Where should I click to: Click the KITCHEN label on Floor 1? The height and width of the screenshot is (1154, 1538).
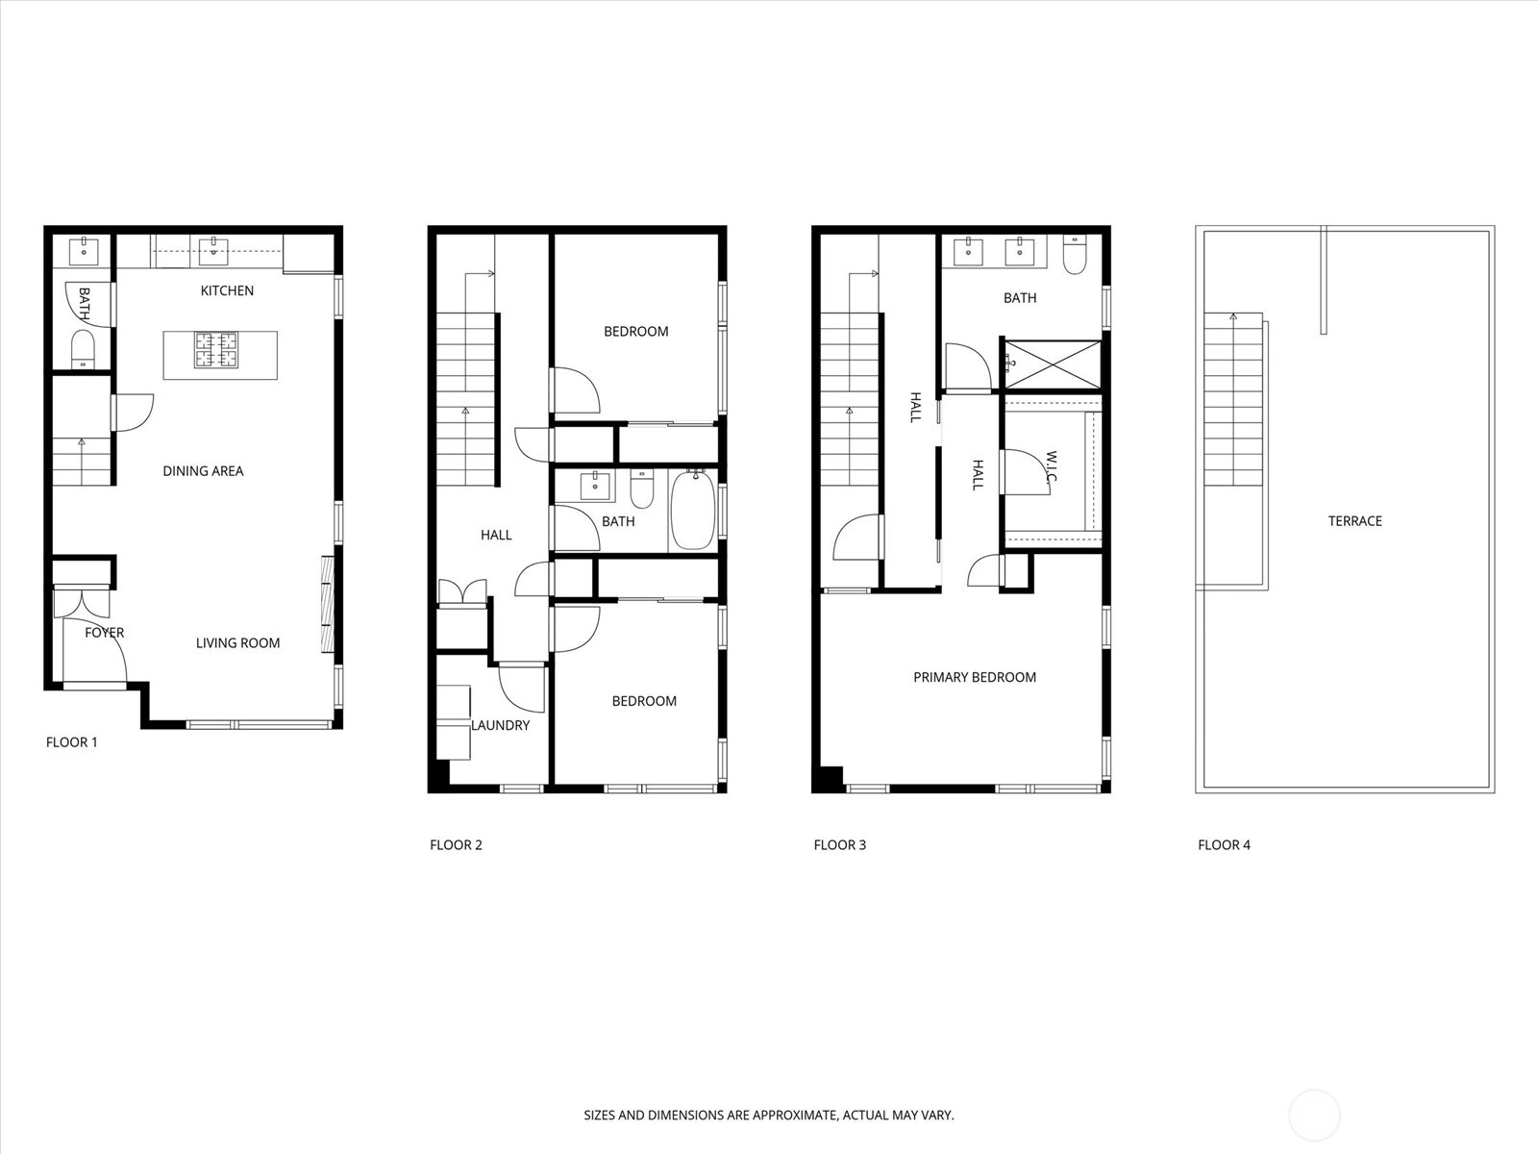click(227, 290)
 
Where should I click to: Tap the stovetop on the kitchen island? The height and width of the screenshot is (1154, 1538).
click(216, 350)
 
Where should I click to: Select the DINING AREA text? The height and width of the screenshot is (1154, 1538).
click(203, 471)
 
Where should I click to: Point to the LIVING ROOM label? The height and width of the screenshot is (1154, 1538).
click(237, 643)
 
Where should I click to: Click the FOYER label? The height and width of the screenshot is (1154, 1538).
click(105, 633)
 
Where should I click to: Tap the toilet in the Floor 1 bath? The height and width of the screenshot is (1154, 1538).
click(83, 349)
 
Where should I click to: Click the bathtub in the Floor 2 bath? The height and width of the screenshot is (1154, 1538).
click(693, 510)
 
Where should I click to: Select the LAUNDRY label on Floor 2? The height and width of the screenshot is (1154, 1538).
click(500, 726)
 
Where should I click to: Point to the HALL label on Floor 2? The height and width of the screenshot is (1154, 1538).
click(496, 536)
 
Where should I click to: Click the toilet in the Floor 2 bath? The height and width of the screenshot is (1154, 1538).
click(641, 488)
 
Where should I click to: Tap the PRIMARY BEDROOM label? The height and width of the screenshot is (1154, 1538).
click(975, 678)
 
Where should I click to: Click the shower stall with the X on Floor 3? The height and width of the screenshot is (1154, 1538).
click(1053, 364)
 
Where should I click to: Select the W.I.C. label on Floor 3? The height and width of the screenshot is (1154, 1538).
click(1051, 466)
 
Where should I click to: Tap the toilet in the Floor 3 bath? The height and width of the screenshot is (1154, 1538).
click(1074, 254)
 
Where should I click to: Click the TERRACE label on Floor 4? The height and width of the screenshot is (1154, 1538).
click(1355, 521)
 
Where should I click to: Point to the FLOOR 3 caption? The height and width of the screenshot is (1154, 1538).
click(839, 845)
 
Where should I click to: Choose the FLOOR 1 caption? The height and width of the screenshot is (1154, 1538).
click(71, 742)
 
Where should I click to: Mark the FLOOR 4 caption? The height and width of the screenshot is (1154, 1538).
click(1224, 845)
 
